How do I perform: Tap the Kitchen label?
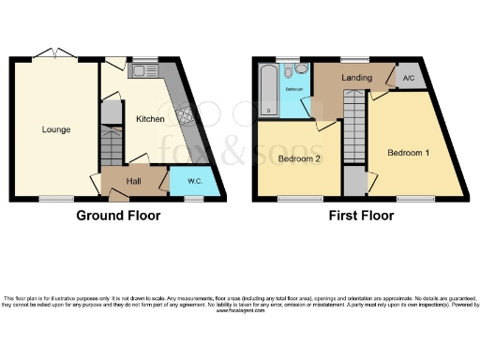click(x=150, y=120)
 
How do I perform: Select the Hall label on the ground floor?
click(x=134, y=181)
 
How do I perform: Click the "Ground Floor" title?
click(x=118, y=216)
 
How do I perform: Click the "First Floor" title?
click(x=360, y=216)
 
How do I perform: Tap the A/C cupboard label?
click(x=408, y=78)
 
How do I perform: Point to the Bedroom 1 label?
click(x=410, y=151)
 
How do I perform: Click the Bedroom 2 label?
click(x=300, y=158)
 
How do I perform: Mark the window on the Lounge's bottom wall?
click(x=55, y=198)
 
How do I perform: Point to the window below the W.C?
click(x=194, y=198)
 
